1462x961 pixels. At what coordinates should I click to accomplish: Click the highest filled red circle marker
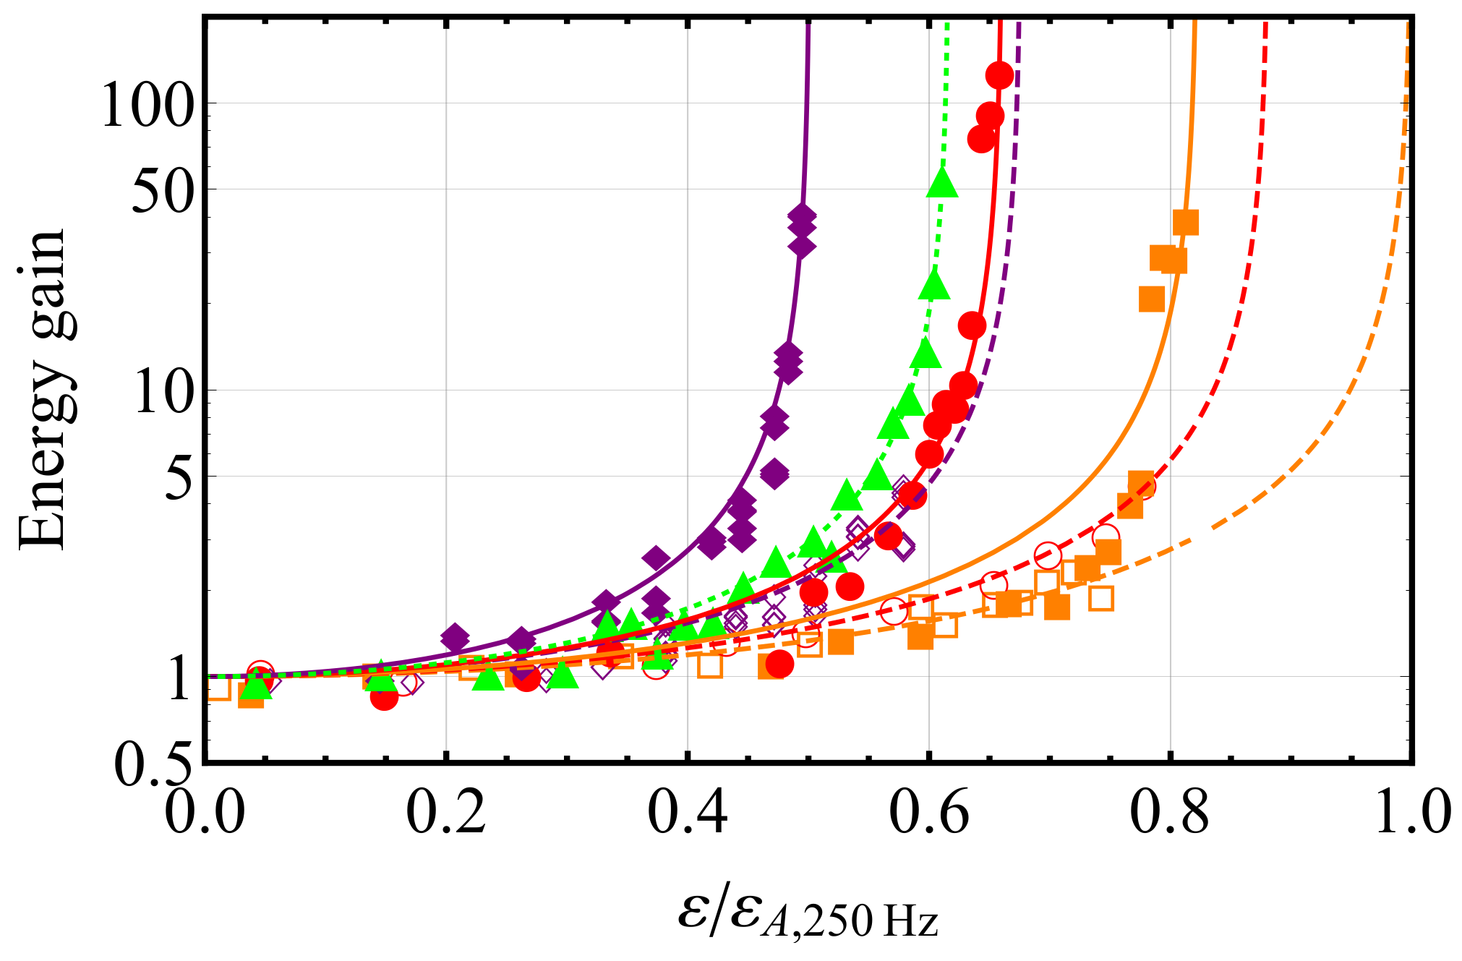tap(999, 74)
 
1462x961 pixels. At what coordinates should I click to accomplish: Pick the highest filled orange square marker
tap(1186, 222)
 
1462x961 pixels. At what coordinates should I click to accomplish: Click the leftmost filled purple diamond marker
tap(455, 638)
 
